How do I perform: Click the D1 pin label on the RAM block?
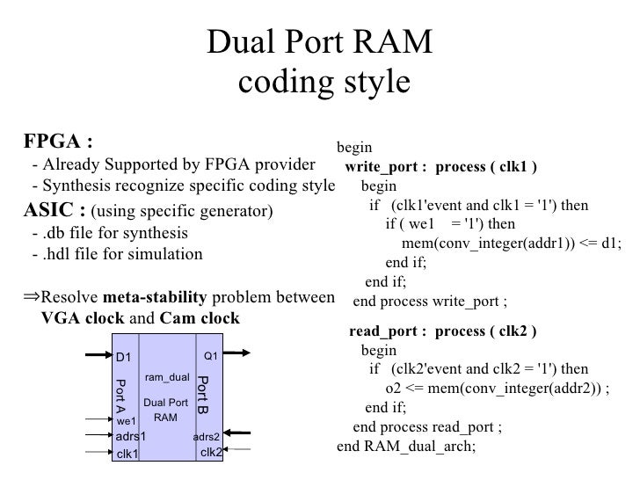click(x=124, y=357)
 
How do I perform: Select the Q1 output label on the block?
click(x=210, y=356)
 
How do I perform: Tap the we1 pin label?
click(x=127, y=421)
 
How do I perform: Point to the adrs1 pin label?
click(x=130, y=437)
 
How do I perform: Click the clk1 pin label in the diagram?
click(x=127, y=454)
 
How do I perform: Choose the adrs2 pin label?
click(x=206, y=437)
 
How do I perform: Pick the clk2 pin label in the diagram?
click(x=211, y=453)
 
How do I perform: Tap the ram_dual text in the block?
click(x=166, y=377)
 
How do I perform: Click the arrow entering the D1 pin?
click(x=97, y=356)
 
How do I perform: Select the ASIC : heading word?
click(x=54, y=211)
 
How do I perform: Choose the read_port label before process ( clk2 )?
click(x=388, y=331)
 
